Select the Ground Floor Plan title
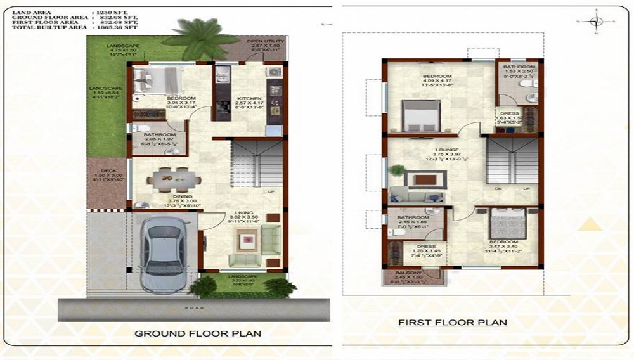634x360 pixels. click(x=198, y=333)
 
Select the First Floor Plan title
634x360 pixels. click(x=452, y=322)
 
